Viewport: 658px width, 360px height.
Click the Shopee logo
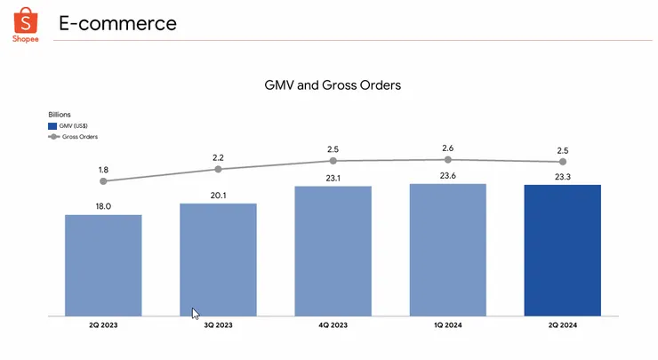25,24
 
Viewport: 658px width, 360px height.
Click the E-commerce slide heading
117,23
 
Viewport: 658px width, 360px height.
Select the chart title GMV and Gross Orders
333,85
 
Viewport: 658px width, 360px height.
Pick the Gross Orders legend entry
76,137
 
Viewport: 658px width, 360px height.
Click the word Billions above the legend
60,115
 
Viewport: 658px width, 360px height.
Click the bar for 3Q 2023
218,260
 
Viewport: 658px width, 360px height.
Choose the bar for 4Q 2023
333,251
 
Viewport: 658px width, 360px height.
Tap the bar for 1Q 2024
447,250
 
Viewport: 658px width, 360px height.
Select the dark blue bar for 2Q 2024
562,250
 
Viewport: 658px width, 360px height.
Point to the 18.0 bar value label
103,205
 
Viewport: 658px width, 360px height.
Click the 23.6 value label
447,175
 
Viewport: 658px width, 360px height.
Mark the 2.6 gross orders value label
447,148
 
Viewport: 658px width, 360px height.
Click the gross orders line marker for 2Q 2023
103,181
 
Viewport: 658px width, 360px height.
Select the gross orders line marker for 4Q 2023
333,161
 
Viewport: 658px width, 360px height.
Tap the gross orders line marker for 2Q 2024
562,162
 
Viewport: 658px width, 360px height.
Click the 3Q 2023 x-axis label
218,326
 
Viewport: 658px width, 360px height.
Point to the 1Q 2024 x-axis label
447,326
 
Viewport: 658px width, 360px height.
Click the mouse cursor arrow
195,312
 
